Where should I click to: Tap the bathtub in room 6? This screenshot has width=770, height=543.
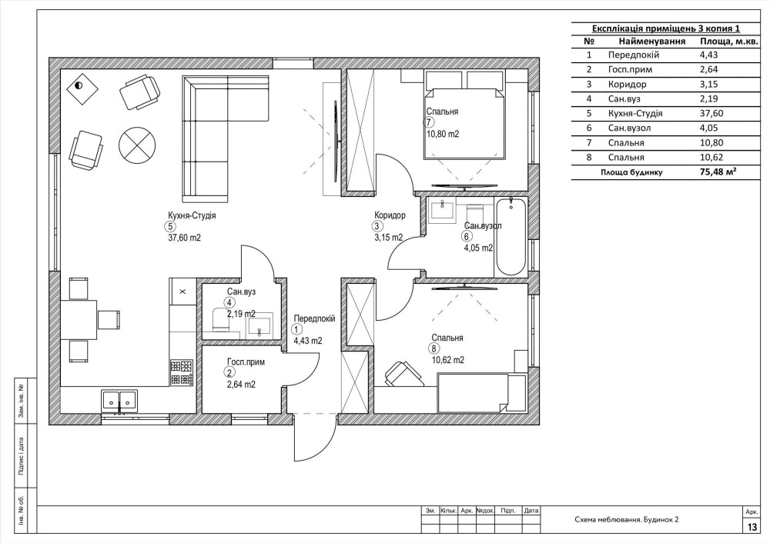pyautogui.click(x=511, y=236)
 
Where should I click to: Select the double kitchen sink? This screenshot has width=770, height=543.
pyautogui.click(x=119, y=401)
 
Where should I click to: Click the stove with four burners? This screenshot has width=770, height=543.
pyautogui.click(x=181, y=372)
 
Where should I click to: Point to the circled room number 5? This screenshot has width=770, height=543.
pyautogui.click(x=170, y=227)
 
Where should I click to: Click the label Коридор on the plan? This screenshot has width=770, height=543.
pyautogui.click(x=390, y=215)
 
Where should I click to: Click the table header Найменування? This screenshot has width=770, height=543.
pyautogui.click(x=651, y=42)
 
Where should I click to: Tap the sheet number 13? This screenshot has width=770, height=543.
pyautogui.click(x=752, y=528)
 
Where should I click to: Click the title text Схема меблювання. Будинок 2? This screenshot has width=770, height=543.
pyautogui.click(x=626, y=519)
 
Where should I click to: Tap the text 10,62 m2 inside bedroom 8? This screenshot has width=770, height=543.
pyautogui.click(x=448, y=360)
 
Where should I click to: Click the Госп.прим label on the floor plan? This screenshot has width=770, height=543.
pyautogui.click(x=246, y=362)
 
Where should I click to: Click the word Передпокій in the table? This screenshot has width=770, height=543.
pyautogui.click(x=634, y=55)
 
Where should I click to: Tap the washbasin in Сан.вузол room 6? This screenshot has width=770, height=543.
pyautogui.click(x=442, y=211)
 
